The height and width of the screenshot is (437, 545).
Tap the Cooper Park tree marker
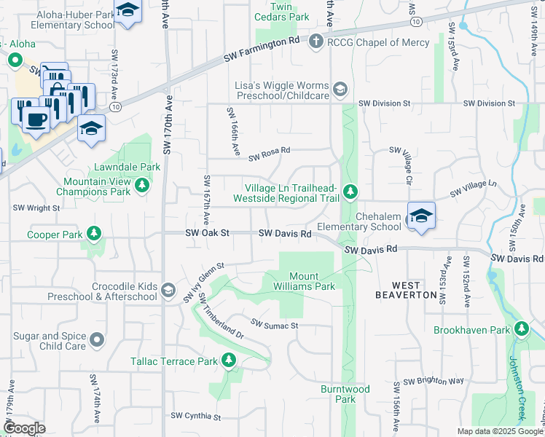pyautogui.click(x=93, y=234)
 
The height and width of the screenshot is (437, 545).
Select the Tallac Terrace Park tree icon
pyautogui.click(x=229, y=361)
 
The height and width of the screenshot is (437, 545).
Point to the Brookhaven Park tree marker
pyautogui.click(x=522, y=329)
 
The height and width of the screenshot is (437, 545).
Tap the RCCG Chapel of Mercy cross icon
pyautogui.click(x=315, y=42)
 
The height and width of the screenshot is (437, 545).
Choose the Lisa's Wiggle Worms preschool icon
pyautogui.click(x=340, y=90)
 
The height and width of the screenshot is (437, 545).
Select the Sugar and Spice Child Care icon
pyautogui.click(x=96, y=340)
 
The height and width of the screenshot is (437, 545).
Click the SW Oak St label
pyautogui.click(x=208, y=233)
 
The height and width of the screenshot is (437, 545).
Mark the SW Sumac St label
pyautogui.click(x=275, y=324)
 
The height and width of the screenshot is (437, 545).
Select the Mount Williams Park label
pyautogui.click(x=313, y=281)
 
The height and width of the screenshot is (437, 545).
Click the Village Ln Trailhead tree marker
pyautogui.click(x=351, y=192)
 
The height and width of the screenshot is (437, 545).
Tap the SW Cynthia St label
pyautogui.click(x=195, y=417)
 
